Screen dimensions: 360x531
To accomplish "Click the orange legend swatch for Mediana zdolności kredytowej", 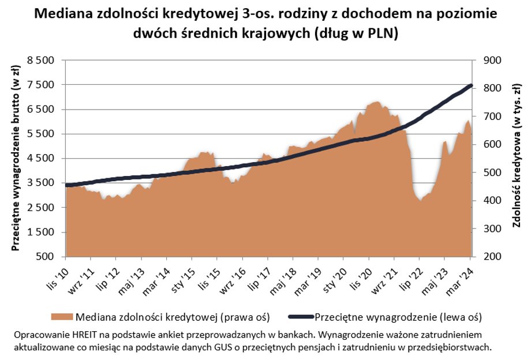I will click(62, 317).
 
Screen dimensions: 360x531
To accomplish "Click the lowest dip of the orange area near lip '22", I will click(420, 201).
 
